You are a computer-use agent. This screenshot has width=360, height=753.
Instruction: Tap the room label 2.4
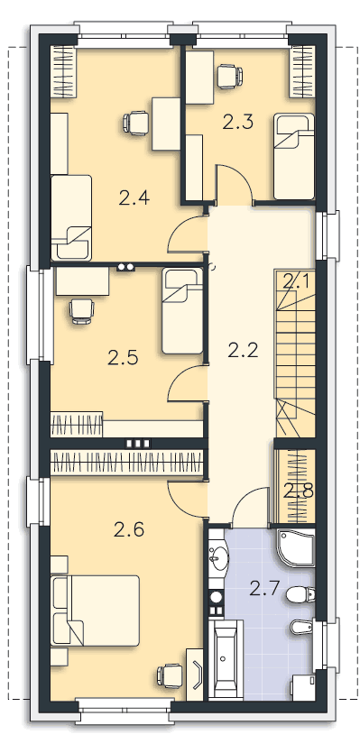click(x=134, y=197)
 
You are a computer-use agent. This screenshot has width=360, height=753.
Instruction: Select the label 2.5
click(x=123, y=357)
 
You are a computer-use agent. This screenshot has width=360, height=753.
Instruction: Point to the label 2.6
click(x=129, y=529)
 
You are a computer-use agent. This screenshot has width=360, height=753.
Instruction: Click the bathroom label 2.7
click(x=265, y=588)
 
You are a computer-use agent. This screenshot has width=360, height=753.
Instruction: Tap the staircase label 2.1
click(x=296, y=282)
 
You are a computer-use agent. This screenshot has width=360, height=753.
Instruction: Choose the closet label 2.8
click(x=299, y=491)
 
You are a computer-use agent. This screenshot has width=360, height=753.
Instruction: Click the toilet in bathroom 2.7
click(x=300, y=594)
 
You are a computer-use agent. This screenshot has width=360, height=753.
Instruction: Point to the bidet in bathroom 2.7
click(x=302, y=626)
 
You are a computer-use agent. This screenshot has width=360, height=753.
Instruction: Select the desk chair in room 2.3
click(x=229, y=76)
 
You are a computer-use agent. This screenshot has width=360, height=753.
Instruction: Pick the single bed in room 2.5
click(x=181, y=311)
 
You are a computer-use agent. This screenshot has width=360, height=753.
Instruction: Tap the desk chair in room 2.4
click(x=135, y=123)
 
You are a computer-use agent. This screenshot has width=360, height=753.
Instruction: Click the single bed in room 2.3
click(x=293, y=157)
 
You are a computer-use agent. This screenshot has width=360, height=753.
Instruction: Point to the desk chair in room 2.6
click(x=170, y=675)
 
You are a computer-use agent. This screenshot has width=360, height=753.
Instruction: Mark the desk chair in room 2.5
click(x=82, y=310)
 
